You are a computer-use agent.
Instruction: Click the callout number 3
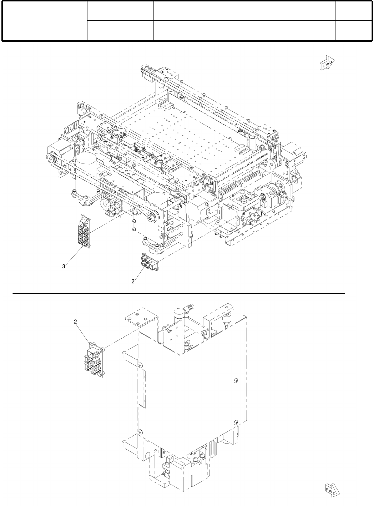[64, 266]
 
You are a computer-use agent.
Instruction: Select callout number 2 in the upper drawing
[133, 281]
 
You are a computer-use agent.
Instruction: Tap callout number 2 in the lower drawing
[75, 322]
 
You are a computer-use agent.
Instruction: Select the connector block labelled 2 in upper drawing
[149, 261]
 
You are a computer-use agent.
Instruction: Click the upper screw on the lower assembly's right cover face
[236, 381]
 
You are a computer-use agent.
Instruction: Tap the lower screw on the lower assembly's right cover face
[236, 422]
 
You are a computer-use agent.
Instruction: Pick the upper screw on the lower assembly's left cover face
[140, 364]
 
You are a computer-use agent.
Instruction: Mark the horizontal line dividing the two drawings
[178, 294]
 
